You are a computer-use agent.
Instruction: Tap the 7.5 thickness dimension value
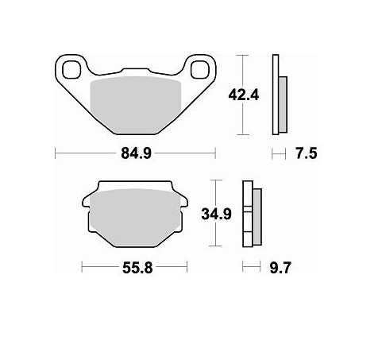(304, 154)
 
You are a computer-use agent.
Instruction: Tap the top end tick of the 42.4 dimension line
(245, 56)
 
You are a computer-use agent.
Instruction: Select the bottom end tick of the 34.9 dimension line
(214, 246)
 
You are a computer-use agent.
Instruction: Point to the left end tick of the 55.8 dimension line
(82, 269)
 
